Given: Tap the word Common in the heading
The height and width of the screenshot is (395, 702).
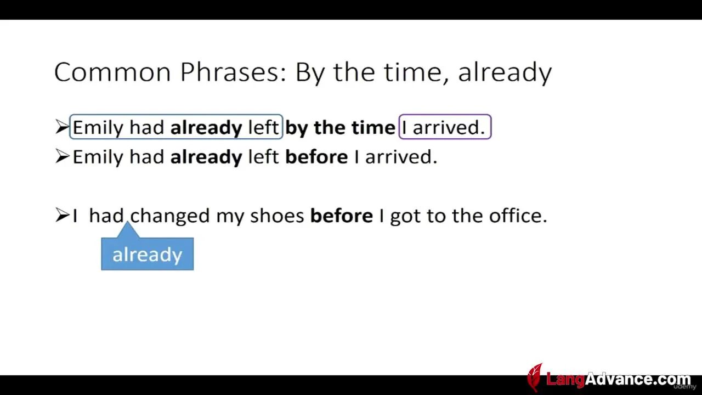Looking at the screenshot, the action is (112, 72).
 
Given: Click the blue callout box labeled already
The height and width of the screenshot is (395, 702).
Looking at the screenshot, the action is (148, 253).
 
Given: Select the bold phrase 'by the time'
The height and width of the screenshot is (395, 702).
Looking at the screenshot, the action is (340, 127).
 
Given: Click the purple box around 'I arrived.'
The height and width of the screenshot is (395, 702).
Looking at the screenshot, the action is (445, 115).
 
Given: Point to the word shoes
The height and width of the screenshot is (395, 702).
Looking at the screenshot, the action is (277, 216).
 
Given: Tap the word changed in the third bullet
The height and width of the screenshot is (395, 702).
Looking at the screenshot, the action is (169, 216).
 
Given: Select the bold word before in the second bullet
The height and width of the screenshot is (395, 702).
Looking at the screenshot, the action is (316, 157).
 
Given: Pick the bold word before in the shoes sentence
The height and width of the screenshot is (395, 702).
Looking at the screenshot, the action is (342, 216).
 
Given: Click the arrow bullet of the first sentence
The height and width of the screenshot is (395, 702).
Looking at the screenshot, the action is (62, 127).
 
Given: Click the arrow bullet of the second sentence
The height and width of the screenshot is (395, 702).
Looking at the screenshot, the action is (62, 156).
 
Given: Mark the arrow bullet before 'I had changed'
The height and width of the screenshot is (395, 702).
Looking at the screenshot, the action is (62, 215).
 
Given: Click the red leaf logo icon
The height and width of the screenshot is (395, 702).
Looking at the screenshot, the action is (535, 377).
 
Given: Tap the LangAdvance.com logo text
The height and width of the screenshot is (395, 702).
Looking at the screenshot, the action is (618, 379).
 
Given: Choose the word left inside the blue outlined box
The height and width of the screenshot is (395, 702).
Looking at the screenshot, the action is (263, 127).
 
